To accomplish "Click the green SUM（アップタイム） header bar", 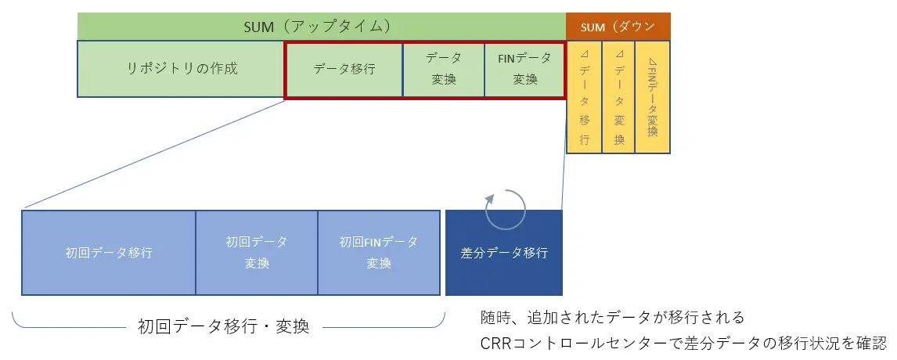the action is point(322,27).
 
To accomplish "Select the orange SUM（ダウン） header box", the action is point(618,27).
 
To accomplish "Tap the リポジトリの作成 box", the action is point(181,69).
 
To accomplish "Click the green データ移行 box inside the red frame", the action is point(344,69).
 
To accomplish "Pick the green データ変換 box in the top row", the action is point(444,69).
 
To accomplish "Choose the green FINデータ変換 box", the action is point(524,69).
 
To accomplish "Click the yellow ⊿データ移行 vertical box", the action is point(584,97).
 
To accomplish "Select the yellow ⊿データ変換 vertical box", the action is point(618,97).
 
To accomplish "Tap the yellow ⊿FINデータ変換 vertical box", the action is point(653,97).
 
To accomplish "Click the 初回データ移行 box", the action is point(109,253).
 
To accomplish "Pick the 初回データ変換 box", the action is point(257,253).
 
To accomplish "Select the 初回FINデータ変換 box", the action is point(379,253).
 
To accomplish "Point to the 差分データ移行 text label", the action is point(504,253).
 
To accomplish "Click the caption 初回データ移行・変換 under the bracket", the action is point(224,326).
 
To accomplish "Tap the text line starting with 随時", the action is point(613,316).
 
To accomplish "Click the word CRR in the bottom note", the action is point(496,344).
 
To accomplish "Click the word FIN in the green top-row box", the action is point(506,59).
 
